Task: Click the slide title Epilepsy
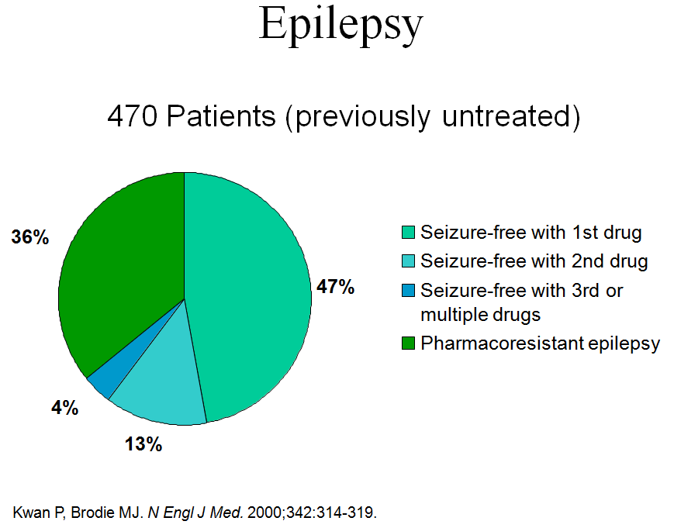[x=340, y=25]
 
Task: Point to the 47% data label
[x=335, y=288]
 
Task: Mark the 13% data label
[x=143, y=444]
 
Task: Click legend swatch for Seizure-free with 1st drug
[x=408, y=233]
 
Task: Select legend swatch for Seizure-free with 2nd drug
[x=408, y=261]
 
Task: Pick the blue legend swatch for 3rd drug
[x=408, y=291]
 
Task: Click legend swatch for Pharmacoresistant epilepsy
[x=408, y=343]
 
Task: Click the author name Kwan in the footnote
[x=29, y=512]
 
